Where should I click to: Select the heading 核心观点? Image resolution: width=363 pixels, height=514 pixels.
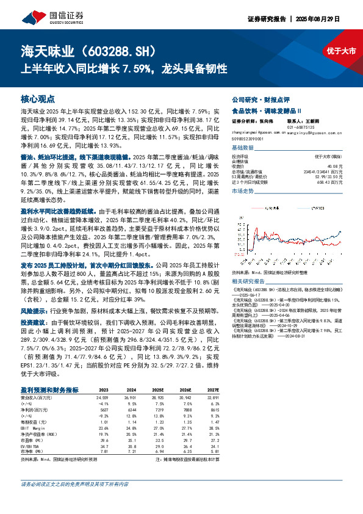(x=38, y=98)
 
